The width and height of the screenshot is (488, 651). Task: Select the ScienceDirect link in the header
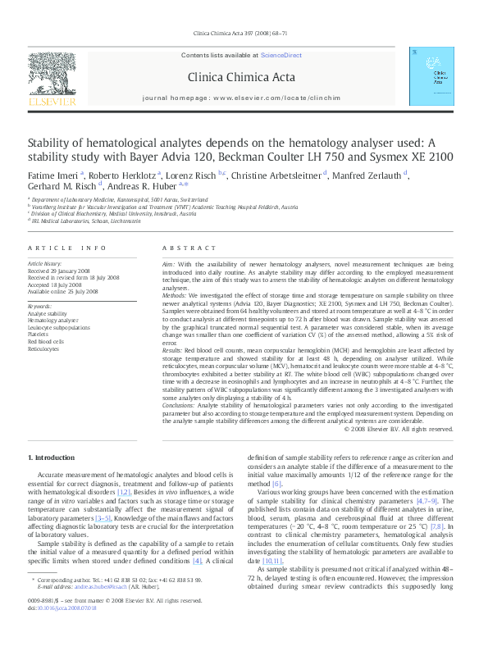(280, 55)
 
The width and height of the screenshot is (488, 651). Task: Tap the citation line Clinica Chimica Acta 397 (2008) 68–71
(244, 33)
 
